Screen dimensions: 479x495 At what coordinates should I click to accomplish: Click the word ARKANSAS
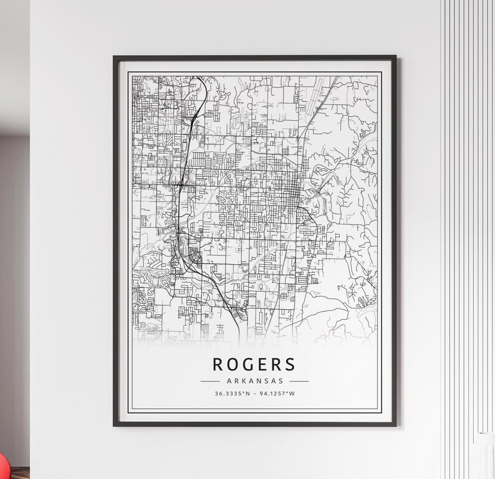pyautogui.click(x=254, y=381)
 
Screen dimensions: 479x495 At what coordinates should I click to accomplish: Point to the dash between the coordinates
pyautogui.click(x=255, y=394)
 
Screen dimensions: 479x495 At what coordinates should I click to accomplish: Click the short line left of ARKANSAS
pyautogui.click(x=209, y=381)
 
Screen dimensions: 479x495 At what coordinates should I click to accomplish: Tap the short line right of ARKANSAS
pyautogui.click(x=299, y=381)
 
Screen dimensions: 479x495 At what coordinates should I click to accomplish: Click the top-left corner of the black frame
pyautogui.click(x=115, y=57)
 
